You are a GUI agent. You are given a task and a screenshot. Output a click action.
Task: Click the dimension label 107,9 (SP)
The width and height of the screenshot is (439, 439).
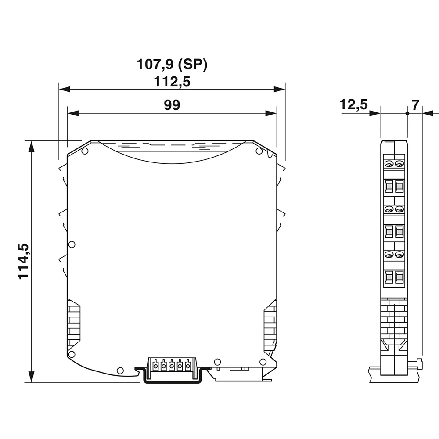[172, 65]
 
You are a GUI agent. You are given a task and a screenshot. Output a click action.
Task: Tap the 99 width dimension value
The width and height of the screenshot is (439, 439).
[172, 105]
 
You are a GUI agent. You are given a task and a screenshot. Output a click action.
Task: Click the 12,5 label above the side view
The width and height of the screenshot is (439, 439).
[353, 105]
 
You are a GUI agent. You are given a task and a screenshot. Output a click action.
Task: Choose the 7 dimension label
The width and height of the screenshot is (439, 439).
[415, 105]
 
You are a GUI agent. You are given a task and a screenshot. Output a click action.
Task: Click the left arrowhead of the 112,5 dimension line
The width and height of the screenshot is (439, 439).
[64, 89]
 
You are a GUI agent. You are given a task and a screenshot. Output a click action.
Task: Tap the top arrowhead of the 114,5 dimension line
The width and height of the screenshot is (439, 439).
[31, 146]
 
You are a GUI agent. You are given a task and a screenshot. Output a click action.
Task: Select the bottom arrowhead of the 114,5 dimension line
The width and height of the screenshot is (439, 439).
[31, 377]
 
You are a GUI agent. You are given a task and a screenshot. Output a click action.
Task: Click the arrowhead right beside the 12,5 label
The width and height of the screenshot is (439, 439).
[375, 113]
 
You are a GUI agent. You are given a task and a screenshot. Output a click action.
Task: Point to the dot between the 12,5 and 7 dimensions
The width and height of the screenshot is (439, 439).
[407, 113]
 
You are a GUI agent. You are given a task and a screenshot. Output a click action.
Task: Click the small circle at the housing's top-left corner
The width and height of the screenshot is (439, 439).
[85, 151]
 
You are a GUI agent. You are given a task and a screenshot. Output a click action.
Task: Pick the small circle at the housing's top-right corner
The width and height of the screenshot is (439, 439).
[259, 151]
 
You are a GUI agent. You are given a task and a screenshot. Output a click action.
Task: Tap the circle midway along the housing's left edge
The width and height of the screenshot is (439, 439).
[72, 244]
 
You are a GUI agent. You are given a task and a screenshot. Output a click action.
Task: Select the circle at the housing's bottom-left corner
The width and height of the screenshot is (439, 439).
[72, 353]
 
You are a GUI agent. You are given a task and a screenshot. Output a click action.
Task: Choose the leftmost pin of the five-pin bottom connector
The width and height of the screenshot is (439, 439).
[155, 364]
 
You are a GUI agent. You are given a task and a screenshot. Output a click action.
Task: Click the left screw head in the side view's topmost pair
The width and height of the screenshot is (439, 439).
[389, 164]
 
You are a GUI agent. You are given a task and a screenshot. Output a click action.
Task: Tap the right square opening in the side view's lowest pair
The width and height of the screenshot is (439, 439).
[399, 277]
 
